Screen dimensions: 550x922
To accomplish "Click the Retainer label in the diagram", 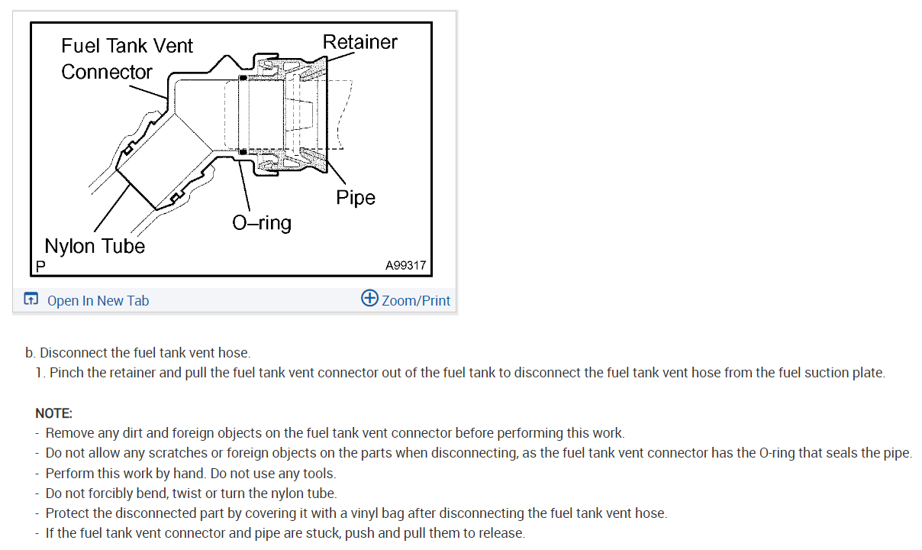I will [x=360, y=41].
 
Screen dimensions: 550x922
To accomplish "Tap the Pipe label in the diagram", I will [x=356, y=197].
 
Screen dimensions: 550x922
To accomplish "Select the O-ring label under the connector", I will [x=262, y=223].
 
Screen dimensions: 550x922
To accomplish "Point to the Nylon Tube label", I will [x=95, y=246].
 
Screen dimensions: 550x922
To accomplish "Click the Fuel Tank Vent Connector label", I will [x=127, y=59].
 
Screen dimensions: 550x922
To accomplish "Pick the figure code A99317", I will [x=405, y=266].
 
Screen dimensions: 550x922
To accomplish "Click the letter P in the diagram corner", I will [x=40, y=267].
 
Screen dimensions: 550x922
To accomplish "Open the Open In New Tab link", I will [x=98, y=300].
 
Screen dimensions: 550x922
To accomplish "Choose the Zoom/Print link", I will [x=416, y=300].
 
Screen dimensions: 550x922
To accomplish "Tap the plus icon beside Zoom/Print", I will [x=369, y=299].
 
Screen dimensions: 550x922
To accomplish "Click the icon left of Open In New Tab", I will [x=31, y=299].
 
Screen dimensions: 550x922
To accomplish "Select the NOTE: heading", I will [x=53, y=413].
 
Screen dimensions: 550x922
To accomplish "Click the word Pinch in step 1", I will [x=66, y=373].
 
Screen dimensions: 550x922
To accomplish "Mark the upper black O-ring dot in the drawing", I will [x=242, y=78].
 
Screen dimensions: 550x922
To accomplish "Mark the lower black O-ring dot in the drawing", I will [x=242, y=152].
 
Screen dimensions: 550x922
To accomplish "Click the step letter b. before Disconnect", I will [x=31, y=353].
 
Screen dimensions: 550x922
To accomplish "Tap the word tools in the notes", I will [x=319, y=474].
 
